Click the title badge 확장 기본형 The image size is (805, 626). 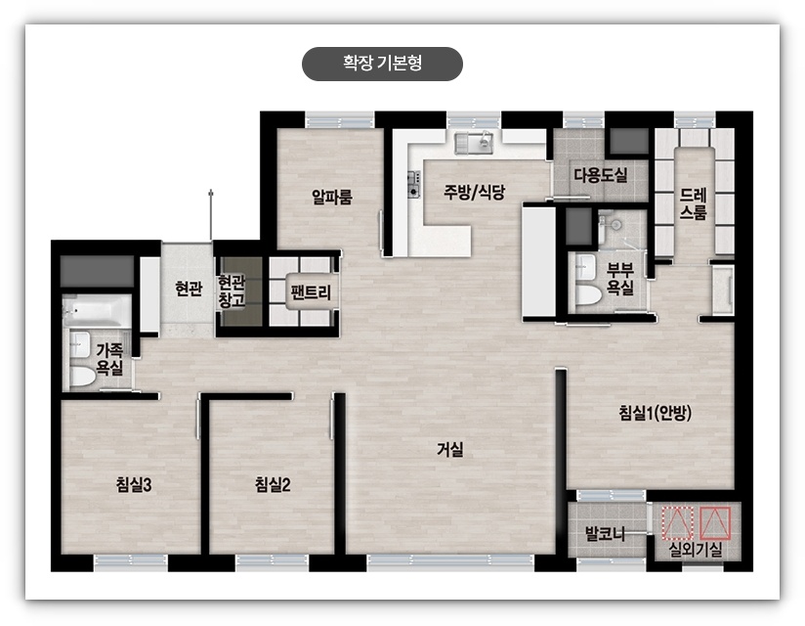click(382, 64)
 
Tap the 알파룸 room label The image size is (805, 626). click(332, 197)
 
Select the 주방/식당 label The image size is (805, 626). click(474, 192)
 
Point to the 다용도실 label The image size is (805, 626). click(600, 175)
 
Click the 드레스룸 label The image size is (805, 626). click(694, 203)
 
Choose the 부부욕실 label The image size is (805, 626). click(620, 279)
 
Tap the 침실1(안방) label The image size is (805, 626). click(656, 413)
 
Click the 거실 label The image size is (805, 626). click(450, 450)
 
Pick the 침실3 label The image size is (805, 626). click(132, 483)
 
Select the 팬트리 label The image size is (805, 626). click(312, 291)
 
